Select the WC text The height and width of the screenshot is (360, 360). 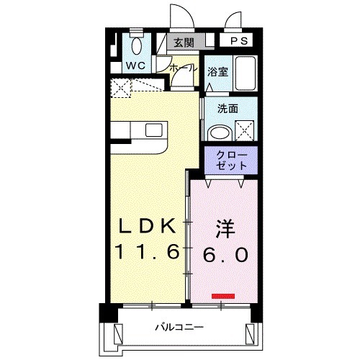tap(136, 66)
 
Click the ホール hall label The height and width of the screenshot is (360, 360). tap(183, 68)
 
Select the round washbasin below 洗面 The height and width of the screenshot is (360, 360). tap(219, 132)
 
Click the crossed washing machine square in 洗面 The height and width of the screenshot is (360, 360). tap(245, 131)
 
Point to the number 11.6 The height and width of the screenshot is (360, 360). tap(147, 253)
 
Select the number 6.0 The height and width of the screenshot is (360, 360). tap(225, 254)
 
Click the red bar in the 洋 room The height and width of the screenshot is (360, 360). tap(223, 294)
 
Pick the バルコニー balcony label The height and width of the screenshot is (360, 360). tap(177, 328)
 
